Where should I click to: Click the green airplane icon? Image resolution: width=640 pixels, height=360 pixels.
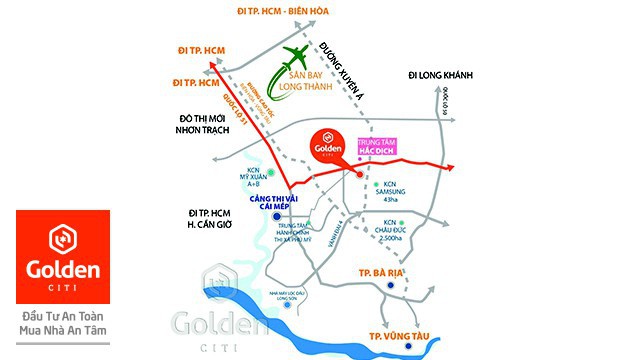(300, 57)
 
